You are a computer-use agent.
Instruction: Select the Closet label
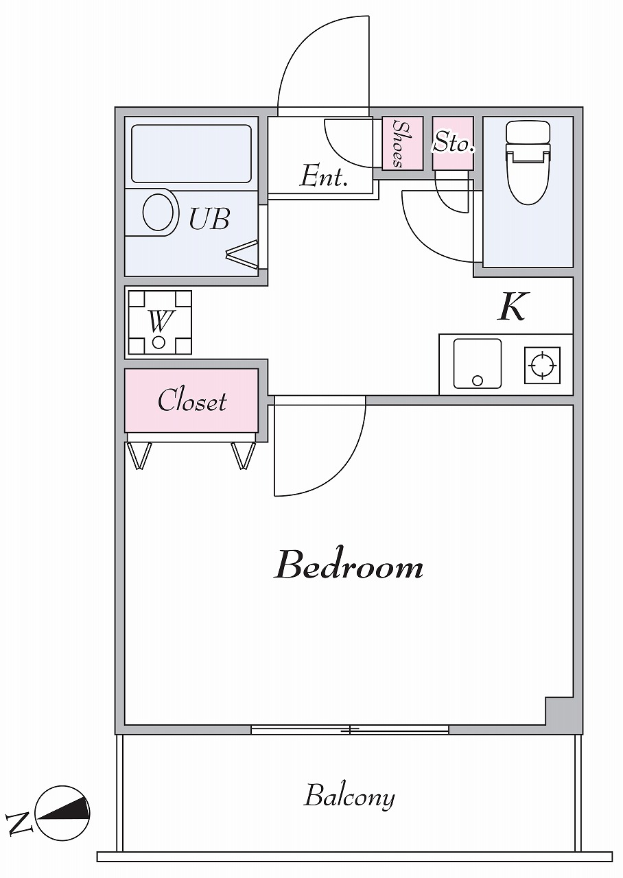point(192,400)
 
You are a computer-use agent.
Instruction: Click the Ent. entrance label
point(324,176)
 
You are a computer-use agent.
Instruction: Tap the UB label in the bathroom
point(209,219)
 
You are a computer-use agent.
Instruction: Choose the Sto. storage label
point(454,143)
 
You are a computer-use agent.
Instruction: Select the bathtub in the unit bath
point(191,154)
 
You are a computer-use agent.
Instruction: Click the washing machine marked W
point(160,322)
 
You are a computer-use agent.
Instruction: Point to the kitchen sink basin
point(477,364)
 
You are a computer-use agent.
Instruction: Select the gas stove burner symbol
point(542,365)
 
